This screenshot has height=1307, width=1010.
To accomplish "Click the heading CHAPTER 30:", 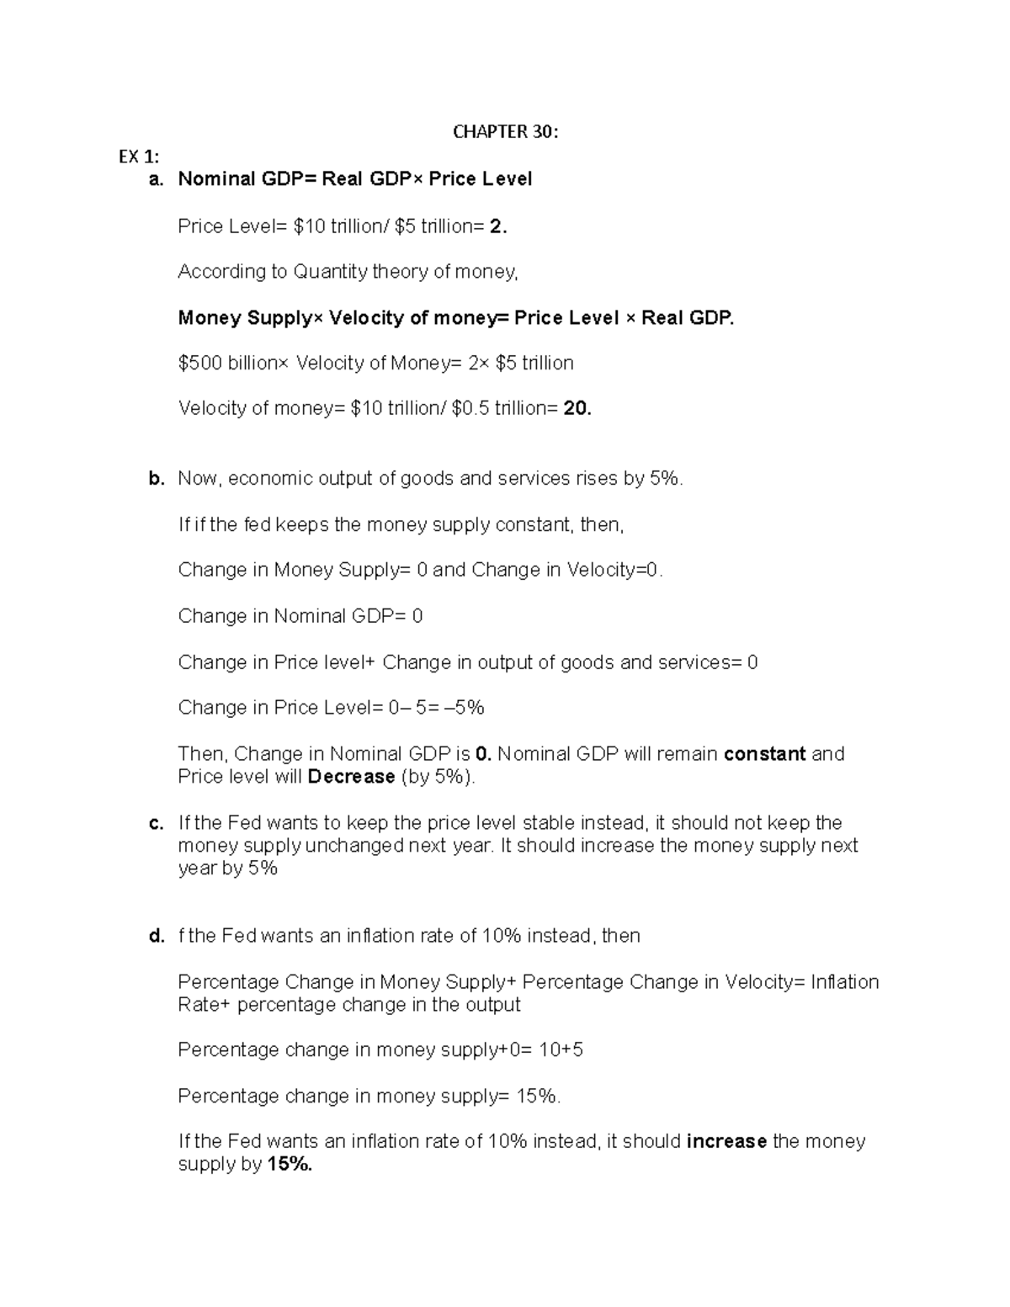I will click(505, 131).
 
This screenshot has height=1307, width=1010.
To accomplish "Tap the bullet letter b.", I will click(156, 479).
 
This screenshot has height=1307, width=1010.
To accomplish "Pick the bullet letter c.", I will click(156, 823).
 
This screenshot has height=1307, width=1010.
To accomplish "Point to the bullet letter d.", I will click(156, 936).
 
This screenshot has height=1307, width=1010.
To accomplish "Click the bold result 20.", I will click(577, 408).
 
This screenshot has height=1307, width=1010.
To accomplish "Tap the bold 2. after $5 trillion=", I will click(498, 226).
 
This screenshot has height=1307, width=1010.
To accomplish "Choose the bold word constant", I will click(764, 753).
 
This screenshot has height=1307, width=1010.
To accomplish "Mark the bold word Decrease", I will click(351, 776).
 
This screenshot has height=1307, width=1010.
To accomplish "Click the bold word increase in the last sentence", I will click(726, 1141).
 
